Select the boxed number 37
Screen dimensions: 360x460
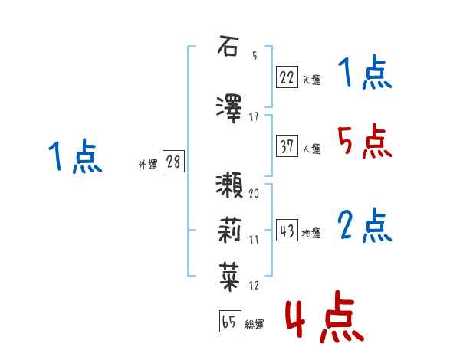point(287,147)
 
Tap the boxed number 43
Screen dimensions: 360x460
point(287,231)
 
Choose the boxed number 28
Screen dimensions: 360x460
point(172,162)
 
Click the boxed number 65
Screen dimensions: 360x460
point(229,322)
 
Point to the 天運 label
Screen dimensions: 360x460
point(312,79)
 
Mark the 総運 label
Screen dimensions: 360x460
point(255,325)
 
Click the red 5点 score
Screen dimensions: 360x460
point(365,141)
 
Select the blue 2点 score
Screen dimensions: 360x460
point(365,226)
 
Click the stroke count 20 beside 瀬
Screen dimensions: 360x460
point(254,193)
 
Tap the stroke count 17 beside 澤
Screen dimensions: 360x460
point(254,117)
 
